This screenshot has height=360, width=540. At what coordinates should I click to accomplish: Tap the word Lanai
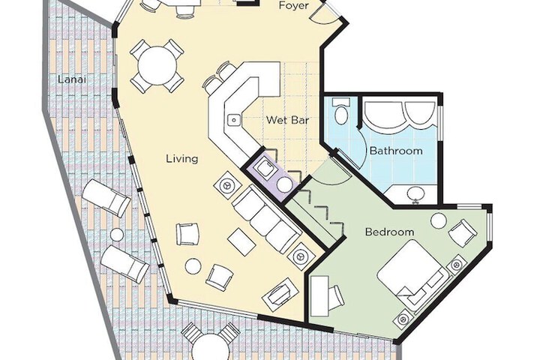tap(70, 79)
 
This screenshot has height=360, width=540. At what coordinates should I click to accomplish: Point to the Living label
tap(182, 158)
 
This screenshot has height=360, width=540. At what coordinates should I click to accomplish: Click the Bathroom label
tap(395, 151)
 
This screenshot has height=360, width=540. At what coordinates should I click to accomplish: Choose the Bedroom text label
tap(389, 232)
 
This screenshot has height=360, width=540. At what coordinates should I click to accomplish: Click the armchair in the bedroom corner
tap(460, 235)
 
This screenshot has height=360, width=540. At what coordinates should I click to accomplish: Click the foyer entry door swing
tap(328, 13)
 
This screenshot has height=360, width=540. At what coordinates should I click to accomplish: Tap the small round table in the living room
tap(193, 265)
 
